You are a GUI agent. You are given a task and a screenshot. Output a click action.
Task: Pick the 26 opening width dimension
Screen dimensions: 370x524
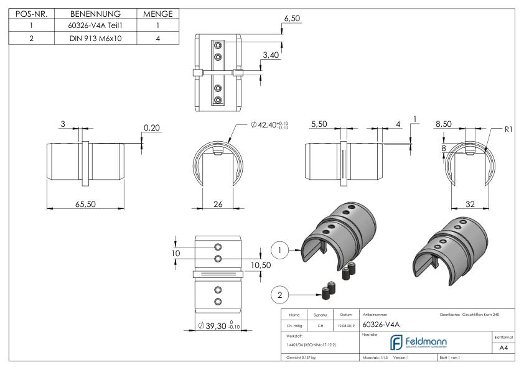pos(218,203)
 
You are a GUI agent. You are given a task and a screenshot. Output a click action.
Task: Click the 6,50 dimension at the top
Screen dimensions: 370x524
pos(292,19)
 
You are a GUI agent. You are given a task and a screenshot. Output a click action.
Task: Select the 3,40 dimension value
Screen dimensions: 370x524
pos(271,55)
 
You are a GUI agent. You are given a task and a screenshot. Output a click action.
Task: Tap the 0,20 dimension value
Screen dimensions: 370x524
pos(151,128)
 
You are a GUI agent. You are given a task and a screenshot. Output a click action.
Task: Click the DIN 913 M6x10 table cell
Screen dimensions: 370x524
pos(95,37)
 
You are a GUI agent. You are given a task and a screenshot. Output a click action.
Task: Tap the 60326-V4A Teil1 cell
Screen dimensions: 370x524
pos(95,25)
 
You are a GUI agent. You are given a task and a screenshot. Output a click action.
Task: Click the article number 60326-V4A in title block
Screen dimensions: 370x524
pos(380,324)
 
